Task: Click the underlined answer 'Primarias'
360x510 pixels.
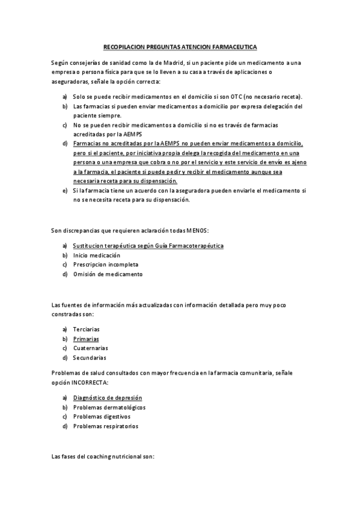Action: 86,339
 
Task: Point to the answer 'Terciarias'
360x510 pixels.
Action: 87,329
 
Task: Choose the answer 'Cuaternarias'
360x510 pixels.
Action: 91,348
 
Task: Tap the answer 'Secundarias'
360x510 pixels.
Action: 90,358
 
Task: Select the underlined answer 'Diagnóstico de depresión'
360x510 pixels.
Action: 108,398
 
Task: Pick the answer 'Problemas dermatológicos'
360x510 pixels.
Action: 109,408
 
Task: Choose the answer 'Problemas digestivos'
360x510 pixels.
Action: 102,417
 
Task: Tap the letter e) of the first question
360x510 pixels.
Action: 64,191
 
